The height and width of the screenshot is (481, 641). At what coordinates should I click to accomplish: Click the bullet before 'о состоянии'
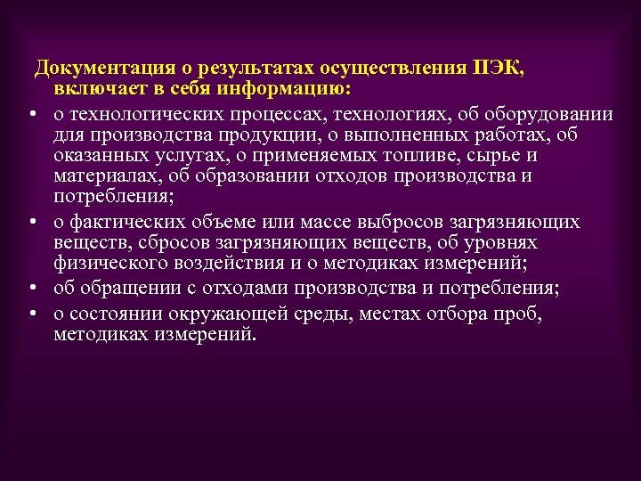[31, 314]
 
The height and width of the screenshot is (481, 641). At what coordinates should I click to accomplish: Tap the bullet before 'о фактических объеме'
[31, 221]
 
